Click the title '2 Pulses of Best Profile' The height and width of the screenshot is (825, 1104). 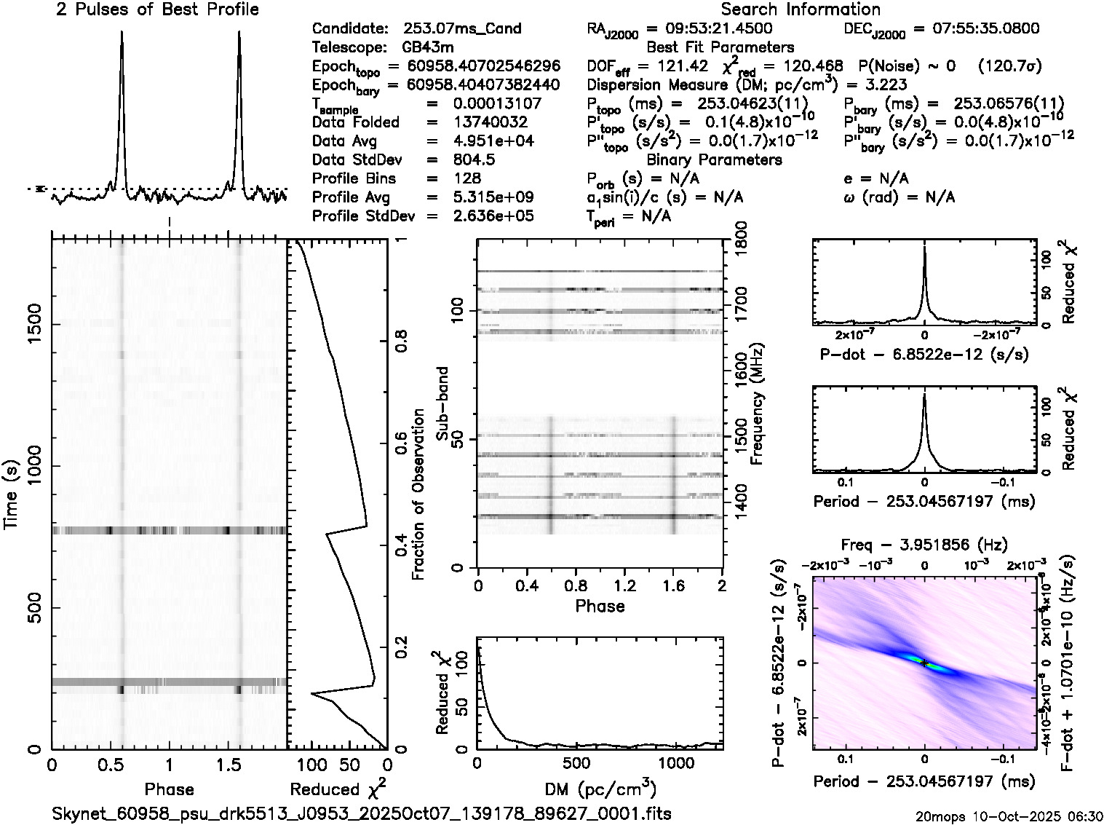click(x=157, y=9)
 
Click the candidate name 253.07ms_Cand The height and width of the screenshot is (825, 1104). click(x=462, y=29)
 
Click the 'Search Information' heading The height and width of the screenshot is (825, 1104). click(x=800, y=9)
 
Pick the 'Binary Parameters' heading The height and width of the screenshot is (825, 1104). click(x=714, y=160)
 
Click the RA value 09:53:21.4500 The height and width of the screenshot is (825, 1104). click(x=710, y=29)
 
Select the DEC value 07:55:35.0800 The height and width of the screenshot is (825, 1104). click(x=976, y=29)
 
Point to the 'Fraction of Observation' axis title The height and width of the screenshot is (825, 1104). click(x=418, y=495)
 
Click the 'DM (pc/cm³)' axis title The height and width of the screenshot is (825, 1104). click(x=600, y=789)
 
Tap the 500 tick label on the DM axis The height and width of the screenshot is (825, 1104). click(x=576, y=763)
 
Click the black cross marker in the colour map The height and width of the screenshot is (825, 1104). click(x=924, y=663)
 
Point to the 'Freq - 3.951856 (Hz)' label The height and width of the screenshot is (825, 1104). click(x=924, y=545)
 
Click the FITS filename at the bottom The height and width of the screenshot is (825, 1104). click(x=362, y=813)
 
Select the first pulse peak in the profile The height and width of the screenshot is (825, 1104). click(x=122, y=33)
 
